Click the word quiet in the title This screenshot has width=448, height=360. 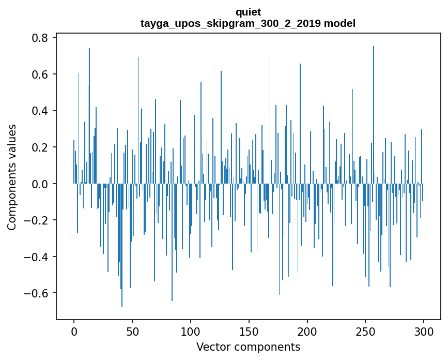pos(248,12)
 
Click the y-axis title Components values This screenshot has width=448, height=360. pos(12,176)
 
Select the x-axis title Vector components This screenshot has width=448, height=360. pos(248,347)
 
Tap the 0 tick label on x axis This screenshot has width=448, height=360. pos(74,331)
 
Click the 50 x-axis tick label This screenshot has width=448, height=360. pos(132,331)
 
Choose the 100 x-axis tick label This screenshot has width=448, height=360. pos(191,331)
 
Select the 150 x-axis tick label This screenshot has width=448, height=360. pos(249,331)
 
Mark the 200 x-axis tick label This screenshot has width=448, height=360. pos(307,331)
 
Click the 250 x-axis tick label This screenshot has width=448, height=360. pos(366,331)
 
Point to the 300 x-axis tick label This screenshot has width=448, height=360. pos(424,331)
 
